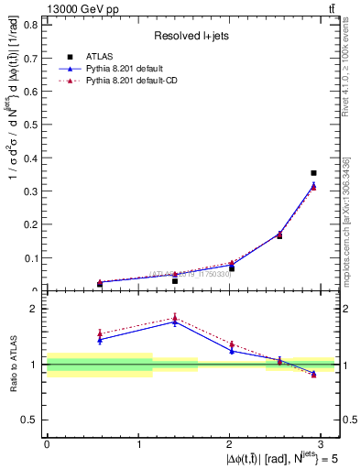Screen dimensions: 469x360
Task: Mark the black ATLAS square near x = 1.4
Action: click(175, 280)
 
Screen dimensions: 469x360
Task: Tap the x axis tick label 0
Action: click(47, 443)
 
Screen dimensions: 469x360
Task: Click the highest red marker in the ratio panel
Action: click(175, 318)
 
